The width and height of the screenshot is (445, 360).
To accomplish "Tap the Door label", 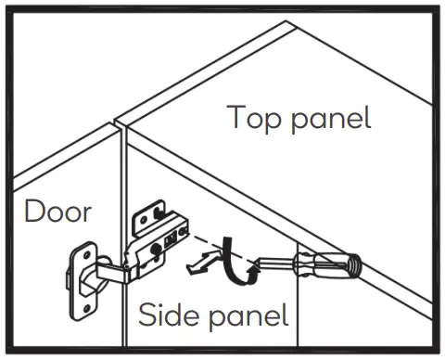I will (x=57, y=212).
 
